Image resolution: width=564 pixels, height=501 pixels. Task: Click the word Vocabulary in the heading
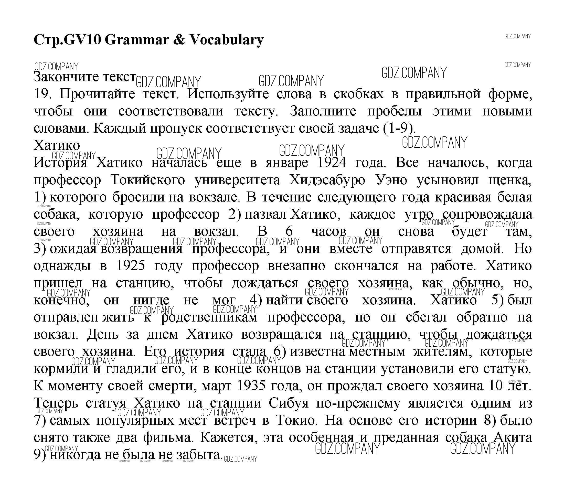[226, 40]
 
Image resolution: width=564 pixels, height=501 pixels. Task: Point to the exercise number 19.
[41, 94]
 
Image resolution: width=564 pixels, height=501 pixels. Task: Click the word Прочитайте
[97, 94]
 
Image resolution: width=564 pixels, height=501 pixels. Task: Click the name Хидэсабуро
[327, 180]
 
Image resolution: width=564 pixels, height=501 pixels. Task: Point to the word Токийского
[148, 180]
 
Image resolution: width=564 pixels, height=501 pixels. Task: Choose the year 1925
[131, 265]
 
